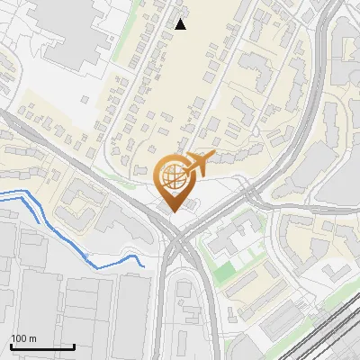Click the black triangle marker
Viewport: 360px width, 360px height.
point(181,24)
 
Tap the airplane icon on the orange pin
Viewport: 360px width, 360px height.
point(195,165)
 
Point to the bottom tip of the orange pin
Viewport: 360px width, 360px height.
point(172,211)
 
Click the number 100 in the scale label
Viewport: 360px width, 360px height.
point(19,338)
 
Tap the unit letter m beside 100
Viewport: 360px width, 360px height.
point(32,338)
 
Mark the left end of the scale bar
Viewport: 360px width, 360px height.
point(11,346)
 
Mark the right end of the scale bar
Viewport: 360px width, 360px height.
point(74,346)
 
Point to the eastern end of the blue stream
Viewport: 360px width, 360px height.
point(145,266)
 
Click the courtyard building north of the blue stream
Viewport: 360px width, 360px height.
point(76,202)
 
